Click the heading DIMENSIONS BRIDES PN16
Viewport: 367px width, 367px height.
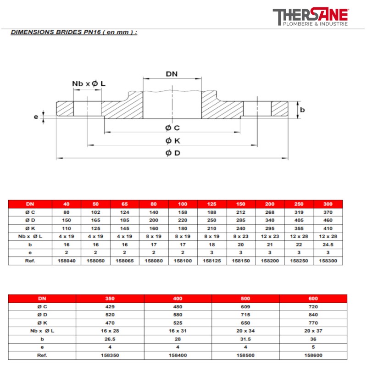(73, 33)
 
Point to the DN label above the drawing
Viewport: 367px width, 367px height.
(172, 74)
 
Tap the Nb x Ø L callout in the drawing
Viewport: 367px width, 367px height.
(89, 83)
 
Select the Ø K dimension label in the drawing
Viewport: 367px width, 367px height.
(173, 140)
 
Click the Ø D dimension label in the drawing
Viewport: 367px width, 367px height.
(173, 153)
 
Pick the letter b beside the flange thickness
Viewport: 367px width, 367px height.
(303, 110)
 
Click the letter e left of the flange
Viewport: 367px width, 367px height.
(36, 117)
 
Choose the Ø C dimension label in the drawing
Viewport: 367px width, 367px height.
(173, 128)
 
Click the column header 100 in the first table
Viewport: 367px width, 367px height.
(183, 204)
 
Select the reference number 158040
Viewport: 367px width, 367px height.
(67, 261)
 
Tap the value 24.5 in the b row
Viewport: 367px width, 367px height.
(328, 245)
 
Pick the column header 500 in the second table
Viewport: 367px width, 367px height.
(245, 298)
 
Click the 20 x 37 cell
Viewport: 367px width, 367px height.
(313, 330)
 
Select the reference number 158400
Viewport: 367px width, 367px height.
(178, 355)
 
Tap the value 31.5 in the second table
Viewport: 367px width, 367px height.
(245, 339)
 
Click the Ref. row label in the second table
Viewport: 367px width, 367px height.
(42, 355)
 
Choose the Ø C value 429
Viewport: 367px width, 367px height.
(110, 306)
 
